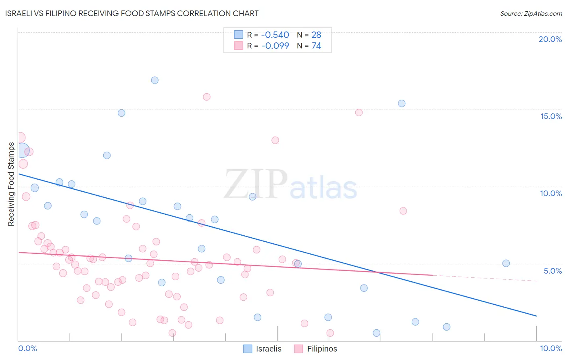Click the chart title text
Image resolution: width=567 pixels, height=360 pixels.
click(132, 14)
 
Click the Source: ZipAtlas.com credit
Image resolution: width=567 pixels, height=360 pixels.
click(531, 14)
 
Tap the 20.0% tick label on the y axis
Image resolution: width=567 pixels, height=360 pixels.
click(550, 39)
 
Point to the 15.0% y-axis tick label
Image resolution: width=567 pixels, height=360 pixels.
click(551, 116)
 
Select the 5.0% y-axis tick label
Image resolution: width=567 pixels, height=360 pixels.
click(552, 271)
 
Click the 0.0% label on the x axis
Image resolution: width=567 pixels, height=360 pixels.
click(27, 348)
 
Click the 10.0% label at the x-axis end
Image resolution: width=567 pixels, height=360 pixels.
click(550, 348)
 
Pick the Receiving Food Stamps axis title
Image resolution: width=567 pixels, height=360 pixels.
click(11, 184)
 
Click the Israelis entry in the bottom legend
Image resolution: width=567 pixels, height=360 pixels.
click(263, 349)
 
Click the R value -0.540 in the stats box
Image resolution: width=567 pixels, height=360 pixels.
click(275, 35)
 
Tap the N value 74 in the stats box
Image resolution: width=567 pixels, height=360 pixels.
click(316, 46)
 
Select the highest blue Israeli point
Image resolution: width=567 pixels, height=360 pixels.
click(155, 80)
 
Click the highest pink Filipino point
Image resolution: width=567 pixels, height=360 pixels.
click(206, 97)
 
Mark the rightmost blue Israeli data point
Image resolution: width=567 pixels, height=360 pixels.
click(506, 263)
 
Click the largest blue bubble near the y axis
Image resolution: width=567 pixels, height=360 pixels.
click(22, 150)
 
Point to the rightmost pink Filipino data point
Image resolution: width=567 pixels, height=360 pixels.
click(403, 211)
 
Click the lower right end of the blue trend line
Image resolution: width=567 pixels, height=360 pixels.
click(536, 316)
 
